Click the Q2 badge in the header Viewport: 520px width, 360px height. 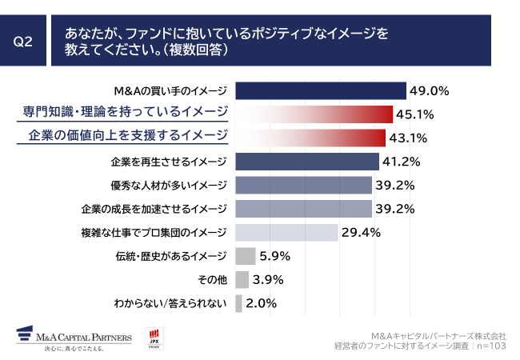pos(23,42)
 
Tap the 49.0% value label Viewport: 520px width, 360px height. pos(429,90)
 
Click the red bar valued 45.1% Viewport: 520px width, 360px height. pos(314,114)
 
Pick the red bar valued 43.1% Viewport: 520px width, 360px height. pos(310,137)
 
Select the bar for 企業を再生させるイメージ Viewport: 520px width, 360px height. pos(307,161)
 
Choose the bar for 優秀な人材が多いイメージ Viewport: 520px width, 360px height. pos(303,186)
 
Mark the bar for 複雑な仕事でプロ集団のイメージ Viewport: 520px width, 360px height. pos(286,233)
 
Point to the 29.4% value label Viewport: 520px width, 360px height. pos(360,233)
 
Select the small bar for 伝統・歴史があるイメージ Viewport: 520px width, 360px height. pos(245,256)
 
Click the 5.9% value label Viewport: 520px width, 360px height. pos(274,257)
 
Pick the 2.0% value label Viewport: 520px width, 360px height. pos(261,303)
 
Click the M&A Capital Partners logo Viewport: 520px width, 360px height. pos(66,337)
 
